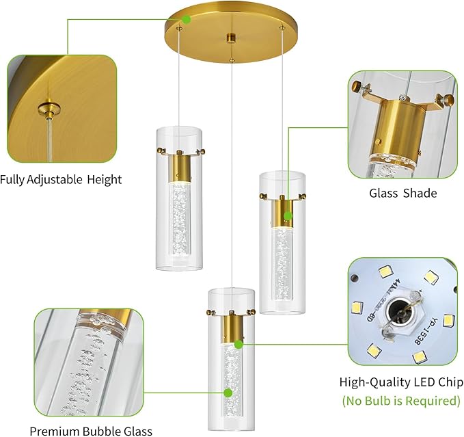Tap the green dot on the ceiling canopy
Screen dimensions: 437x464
[x=186, y=19]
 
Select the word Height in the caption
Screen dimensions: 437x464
[x=105, y=180]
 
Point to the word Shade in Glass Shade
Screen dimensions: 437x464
[x=420, y=193]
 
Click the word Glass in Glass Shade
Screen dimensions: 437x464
[x=384, y=193]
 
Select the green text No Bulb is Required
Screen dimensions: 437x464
[x=401, y=400]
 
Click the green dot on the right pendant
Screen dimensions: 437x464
[x=288, y=216]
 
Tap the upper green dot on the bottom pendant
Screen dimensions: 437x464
[x=238, y=345]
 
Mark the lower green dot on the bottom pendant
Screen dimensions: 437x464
[x=229, y=393]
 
